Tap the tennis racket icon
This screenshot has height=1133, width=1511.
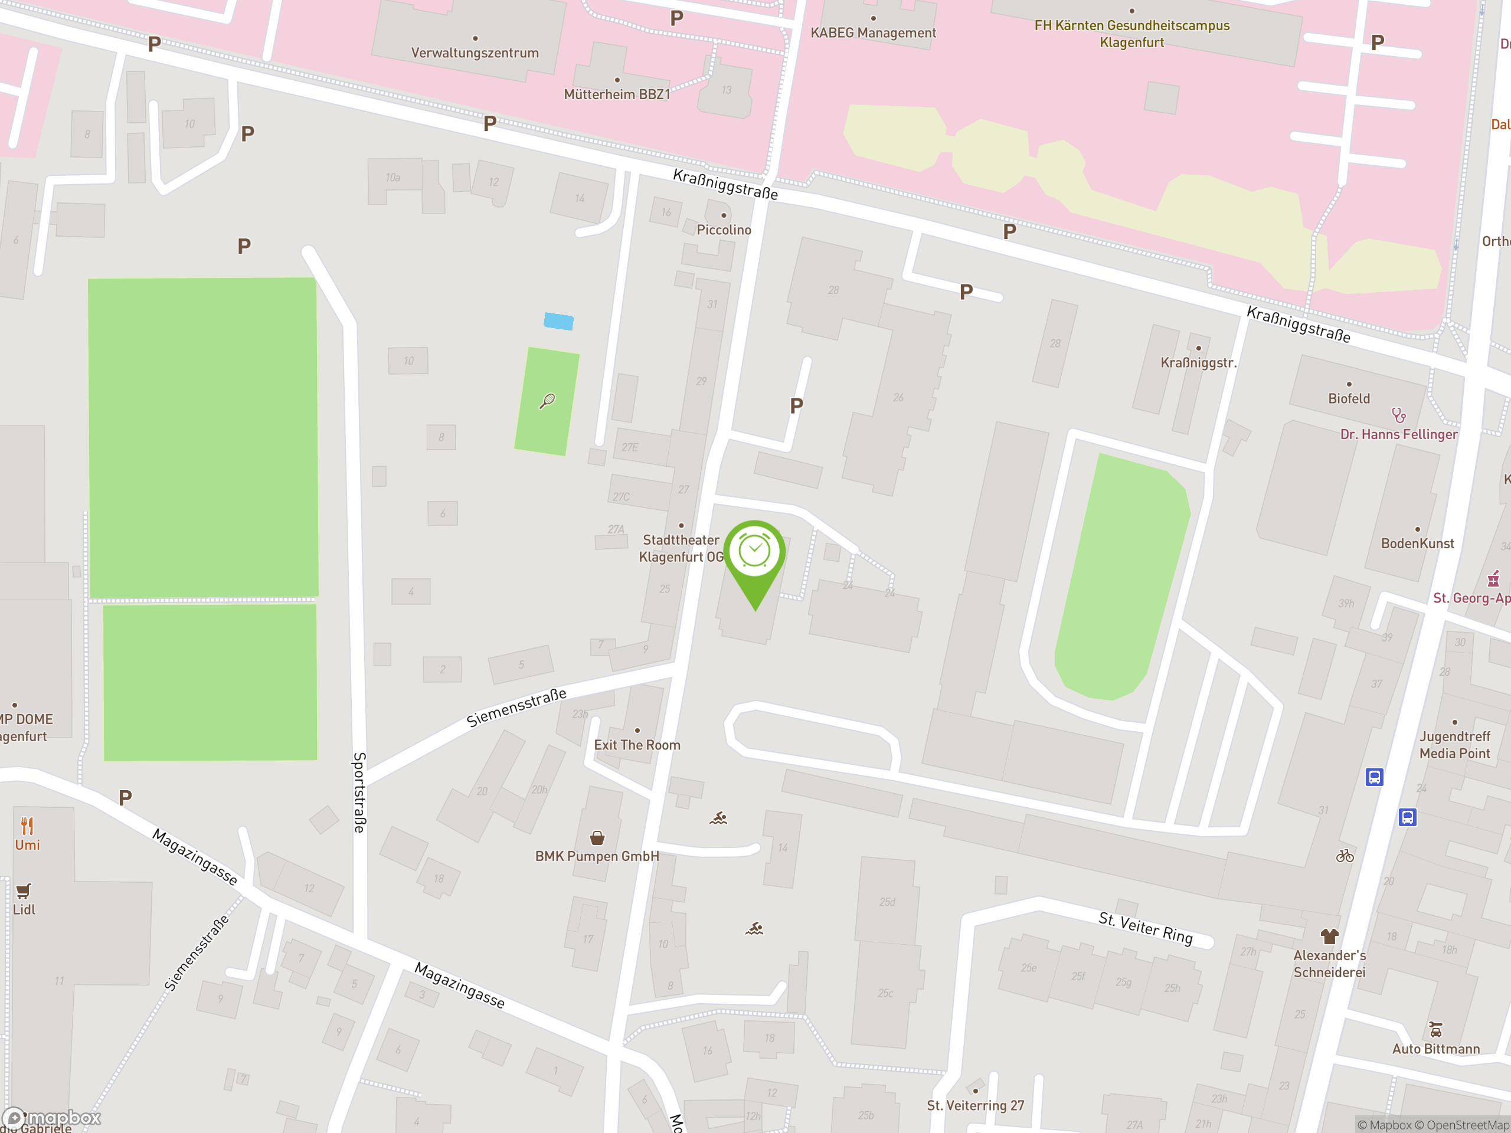pos(547,401)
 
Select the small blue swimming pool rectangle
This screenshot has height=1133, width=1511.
pos(558,321)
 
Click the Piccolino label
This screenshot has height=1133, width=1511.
pos(724,230)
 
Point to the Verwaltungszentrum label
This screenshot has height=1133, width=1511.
pos(475,53)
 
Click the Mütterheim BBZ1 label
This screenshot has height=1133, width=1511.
pos(617,94)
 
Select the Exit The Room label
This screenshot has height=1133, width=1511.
pos(637,745)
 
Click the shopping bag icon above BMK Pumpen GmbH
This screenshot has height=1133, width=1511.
pos(597,838)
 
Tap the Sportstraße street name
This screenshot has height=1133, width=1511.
pos(359,792)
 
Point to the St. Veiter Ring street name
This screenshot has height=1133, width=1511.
pos(1146,928)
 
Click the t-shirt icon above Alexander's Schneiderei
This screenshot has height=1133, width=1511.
pos(1329,936)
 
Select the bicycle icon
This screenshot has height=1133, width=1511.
pos(1345,856)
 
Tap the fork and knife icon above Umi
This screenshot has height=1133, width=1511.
pos(27,826)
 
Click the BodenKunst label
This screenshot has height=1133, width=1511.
pos(1417,543)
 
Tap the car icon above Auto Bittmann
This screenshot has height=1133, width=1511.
pos(1436,1029)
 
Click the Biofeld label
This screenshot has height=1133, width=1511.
pos(1349,399)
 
